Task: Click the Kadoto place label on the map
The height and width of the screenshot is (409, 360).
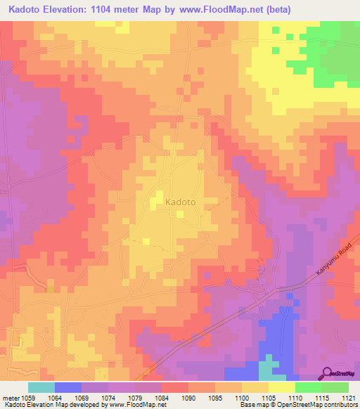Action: [181, 202]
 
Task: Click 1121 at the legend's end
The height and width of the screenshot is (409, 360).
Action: [349, 398]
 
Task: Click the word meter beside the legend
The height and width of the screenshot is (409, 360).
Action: [11, 398]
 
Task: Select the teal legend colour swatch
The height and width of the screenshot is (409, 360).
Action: [41, 387]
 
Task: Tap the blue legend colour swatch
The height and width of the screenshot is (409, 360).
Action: [67, 387]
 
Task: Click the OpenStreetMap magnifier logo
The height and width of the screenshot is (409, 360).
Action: [328, 373]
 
